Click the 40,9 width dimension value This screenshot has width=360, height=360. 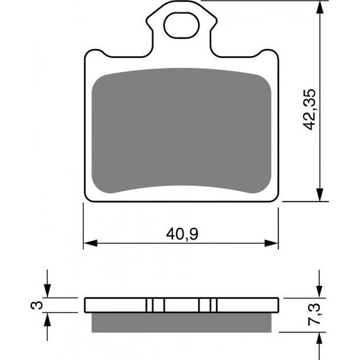181,234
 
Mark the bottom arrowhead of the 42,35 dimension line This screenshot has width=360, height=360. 319,195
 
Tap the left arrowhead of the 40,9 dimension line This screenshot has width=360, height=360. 89,243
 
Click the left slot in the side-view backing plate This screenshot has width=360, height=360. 156,305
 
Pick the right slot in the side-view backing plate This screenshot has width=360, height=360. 207,305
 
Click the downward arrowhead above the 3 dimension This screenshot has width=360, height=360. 47,291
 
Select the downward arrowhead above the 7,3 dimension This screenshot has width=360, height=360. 319,291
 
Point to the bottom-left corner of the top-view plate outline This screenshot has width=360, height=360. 86,202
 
